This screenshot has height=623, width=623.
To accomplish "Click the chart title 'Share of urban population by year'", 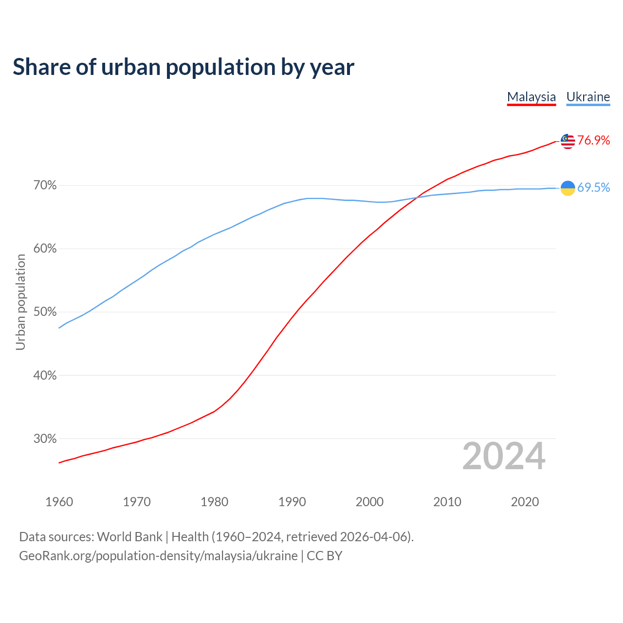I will [x=183, y=67].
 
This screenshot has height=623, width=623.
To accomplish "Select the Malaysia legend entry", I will [x=531, y=97].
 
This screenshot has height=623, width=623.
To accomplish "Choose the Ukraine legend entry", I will [x=588, y=97].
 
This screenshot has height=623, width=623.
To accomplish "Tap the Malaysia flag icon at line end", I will [x=568, y=141].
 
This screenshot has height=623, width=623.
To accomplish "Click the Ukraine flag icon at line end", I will [x=568, y=187].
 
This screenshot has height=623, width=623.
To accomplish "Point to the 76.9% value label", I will [x=594, y=141].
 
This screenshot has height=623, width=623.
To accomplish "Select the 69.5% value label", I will [x=594, y=188].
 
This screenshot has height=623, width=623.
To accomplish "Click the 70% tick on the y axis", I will [x=45, y=185].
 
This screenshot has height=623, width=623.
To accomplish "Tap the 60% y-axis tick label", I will [x=45, y=249].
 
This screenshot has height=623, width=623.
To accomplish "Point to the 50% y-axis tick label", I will [x=45, y=312].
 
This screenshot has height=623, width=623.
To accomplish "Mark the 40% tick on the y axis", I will [x=45, y=375].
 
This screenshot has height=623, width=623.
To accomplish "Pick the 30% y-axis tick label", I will [x=45, y=439].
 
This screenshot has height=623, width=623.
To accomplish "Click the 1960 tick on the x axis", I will [x=59, y=502].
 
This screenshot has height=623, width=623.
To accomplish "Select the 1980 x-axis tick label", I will [x=214, y=502].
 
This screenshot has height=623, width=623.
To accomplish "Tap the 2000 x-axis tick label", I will [x=369, y=502].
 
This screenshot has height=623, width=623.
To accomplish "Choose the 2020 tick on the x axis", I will [x=525, y=502].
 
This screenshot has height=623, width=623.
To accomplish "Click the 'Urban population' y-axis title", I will [x=20, y=302].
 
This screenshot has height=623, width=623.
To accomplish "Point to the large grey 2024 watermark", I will [x=504, y=456].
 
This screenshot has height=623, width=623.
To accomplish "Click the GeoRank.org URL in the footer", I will [x=158, y=556].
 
